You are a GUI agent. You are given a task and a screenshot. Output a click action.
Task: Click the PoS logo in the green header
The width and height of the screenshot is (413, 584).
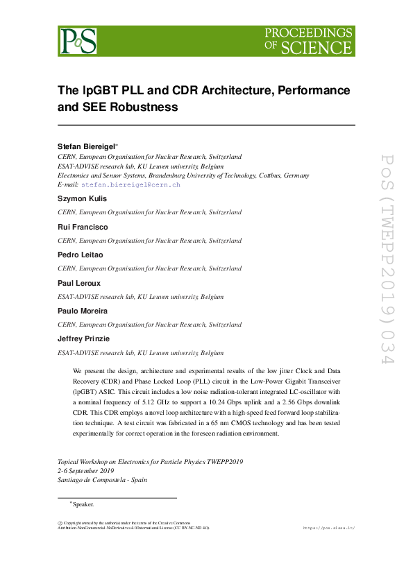[78, 41]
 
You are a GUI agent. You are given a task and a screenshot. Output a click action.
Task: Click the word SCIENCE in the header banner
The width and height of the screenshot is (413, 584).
[325, 48]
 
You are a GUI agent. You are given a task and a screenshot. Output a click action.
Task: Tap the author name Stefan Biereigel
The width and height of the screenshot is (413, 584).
[86, 146]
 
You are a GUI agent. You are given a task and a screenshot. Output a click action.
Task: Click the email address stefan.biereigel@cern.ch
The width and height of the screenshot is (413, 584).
[130, 185]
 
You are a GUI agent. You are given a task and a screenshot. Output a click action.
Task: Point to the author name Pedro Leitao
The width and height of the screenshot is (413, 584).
[80, 255]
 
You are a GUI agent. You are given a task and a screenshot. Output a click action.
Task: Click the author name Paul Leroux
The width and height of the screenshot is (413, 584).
[78, 283]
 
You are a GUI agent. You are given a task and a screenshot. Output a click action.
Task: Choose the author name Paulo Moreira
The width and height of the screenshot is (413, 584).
[83, 311]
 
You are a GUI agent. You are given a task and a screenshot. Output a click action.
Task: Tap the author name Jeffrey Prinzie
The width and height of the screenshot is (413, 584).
[83, 339]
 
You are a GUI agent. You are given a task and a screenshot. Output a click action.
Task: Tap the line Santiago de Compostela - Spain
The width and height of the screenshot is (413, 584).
[102, 479]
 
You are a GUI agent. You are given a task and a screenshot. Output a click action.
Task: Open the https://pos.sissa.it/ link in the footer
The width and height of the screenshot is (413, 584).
[329, 528]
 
